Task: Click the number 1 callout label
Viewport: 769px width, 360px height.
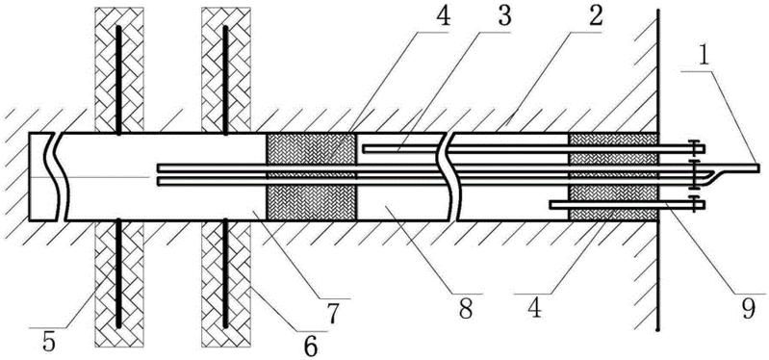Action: [705, 57]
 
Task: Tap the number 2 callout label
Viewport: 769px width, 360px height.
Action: [596, 17]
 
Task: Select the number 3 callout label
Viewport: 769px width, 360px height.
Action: [503, 17]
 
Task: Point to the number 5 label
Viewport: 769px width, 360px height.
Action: [48, 342]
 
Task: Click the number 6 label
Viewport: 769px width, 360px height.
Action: [310, 347]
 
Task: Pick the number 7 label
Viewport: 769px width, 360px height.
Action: [334, 314]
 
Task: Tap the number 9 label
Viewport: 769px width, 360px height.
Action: [748, 310]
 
